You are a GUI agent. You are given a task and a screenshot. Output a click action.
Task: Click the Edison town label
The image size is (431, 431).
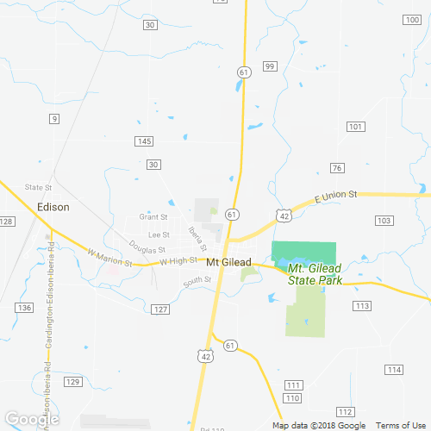(53, 207)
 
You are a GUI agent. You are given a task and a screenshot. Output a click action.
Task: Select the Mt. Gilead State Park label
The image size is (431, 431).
(316, 275)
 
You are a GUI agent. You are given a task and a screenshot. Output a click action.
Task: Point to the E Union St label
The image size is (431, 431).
(335, 196)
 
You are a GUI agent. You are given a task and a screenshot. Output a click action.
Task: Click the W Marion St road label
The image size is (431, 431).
(109, 257)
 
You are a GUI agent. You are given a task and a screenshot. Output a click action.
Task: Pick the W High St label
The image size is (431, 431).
(179, 260)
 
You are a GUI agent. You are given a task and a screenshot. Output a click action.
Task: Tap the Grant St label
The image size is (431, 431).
(153, 217)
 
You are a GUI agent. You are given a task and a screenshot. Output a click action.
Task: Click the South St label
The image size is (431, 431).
(197, 280)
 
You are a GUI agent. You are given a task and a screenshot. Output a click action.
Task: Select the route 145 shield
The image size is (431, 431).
(145, 141)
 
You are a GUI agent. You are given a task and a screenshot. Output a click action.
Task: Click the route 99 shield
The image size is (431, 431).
(270, 66)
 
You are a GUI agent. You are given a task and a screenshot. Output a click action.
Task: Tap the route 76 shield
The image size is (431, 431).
(337, 167)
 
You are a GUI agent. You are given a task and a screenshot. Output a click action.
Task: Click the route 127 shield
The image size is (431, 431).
(159, 309)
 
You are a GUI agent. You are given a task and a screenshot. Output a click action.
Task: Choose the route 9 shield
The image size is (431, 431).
(53, 118)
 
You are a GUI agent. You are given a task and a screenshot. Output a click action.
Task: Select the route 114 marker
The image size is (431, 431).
(394, 370)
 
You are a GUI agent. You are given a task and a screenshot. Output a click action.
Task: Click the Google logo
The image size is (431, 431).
(31, 418)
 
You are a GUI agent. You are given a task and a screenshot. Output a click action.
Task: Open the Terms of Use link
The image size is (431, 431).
(399, 426)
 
